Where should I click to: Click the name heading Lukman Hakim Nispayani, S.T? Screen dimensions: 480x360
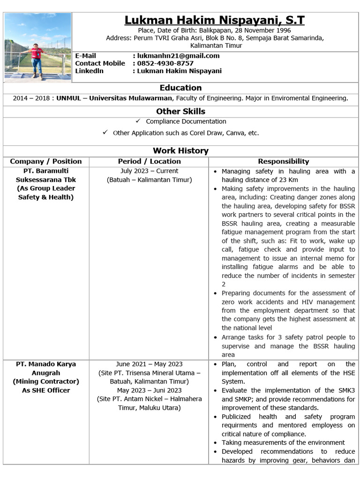(x=214, y=20)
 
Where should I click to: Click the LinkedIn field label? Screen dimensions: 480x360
(x=89, y=71)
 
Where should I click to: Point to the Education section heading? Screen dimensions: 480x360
(x=180, y=88)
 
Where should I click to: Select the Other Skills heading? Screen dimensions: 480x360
(x=180, y=111)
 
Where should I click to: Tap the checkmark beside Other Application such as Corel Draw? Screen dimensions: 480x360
(x=105, y=133)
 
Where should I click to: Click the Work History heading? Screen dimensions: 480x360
(x=180, y=150)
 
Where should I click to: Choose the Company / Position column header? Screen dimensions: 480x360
(x=46, y=161)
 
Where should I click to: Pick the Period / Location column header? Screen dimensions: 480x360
(x=149, y=161)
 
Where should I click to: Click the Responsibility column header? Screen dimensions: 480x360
(x=283, y=161)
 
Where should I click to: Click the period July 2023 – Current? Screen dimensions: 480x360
(x=149, y=171)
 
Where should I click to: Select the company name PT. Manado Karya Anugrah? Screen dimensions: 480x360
(x=46, y=368)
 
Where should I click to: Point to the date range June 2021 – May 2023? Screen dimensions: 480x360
(x=149, y=364)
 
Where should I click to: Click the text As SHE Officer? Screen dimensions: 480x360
(x=46, y=390)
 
